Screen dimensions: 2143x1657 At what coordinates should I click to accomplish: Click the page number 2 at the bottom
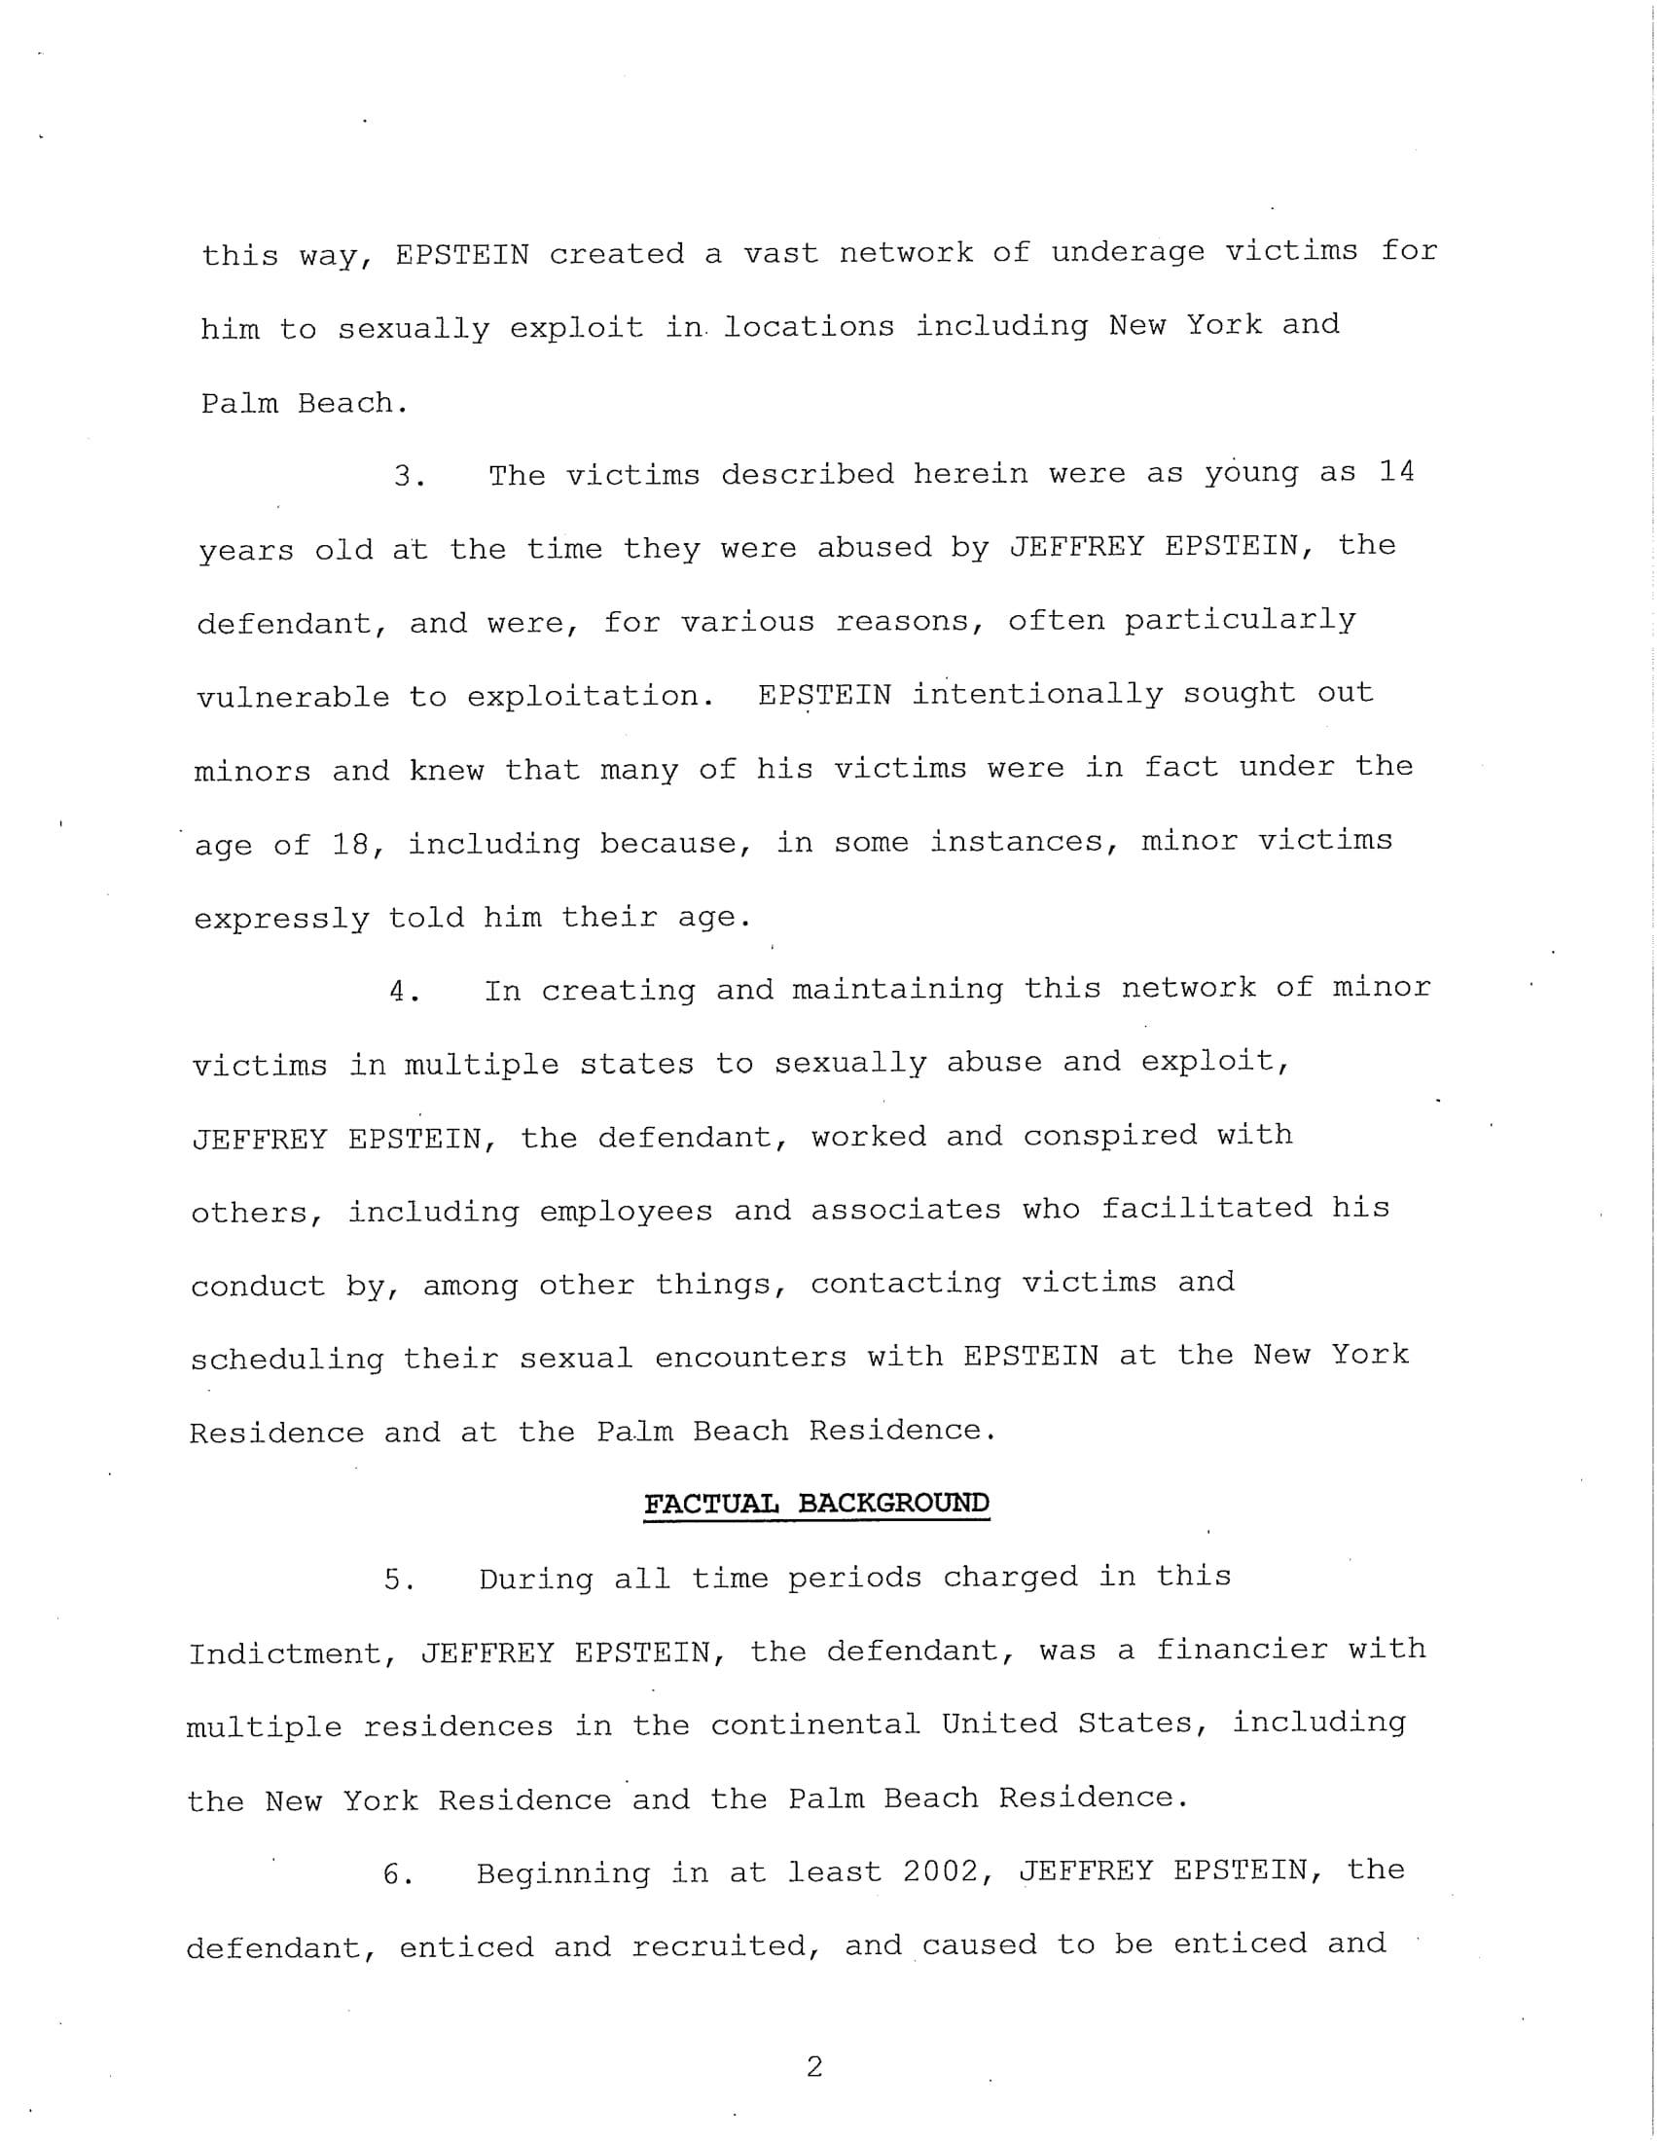(x=813, y=2067)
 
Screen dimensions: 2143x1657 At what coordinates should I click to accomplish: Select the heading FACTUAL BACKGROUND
(x=816, y=1504)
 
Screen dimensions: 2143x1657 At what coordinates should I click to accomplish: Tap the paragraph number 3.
(x=408, y=477)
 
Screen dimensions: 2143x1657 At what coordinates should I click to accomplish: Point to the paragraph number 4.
(x=404, y=991)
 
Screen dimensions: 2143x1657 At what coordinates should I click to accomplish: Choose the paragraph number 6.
(x=396, y=1874)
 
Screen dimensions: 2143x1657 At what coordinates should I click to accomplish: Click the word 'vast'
(x=780, y=253)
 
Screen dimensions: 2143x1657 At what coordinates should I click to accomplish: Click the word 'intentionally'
(x=1037, y=695)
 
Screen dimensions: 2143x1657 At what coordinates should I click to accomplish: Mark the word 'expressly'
(x=280, y=919)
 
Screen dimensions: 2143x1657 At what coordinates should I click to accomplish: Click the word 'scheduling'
(x=286, y=1359)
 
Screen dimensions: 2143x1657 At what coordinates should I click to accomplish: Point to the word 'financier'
(x=1241, y=1650)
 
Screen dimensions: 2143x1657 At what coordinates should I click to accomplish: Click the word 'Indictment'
(x=291, y=1653)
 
